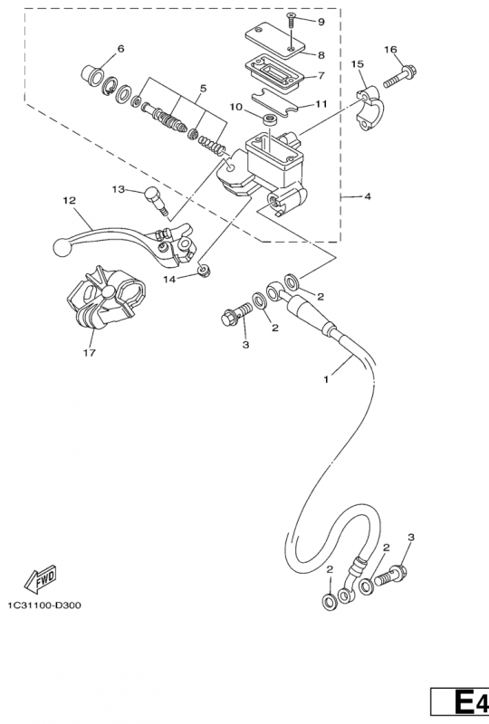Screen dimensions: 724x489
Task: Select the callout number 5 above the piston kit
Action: coord(203,88)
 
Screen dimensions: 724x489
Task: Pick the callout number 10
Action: coord(235,107)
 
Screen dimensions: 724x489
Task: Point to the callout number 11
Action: coord(320,104)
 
